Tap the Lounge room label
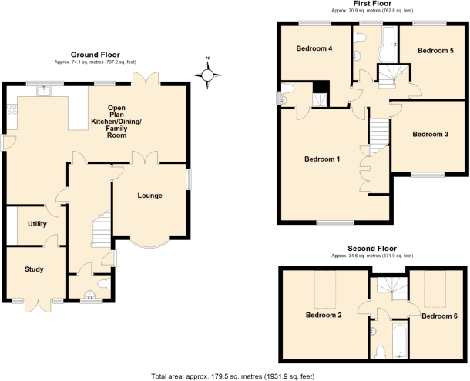pos(149,196)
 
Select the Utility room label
pos(37,224)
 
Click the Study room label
pos(33,269)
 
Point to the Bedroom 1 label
pos(322,159)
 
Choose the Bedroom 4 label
pos(314,49)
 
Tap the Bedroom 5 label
pos(435,50)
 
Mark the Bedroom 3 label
pos(430,135)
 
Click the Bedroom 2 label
pos(324,315)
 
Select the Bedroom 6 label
pos(440,316)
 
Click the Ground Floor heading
pos(94,55)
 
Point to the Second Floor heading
pos(371,249)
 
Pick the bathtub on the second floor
pos(398,341)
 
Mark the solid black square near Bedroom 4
pos(324,87)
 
